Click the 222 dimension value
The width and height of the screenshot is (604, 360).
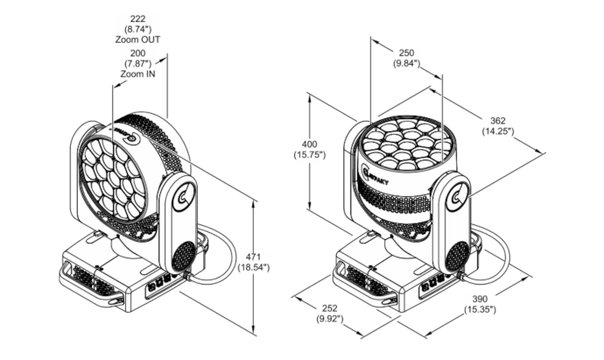pos(137,19)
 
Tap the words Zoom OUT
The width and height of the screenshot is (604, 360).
pos(137,39)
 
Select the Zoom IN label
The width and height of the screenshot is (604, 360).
pos(137,74)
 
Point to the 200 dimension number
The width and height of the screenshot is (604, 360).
pos(137,53)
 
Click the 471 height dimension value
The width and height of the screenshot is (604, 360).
pos(253,257)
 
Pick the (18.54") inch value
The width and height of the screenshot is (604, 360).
pos(253,267)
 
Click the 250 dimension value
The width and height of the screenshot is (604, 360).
pos(406,53)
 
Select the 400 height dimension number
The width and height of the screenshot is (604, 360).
pos(309,145)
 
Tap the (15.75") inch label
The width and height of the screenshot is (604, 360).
pos(309,154)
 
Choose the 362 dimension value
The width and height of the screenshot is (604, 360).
pos(498,121)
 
